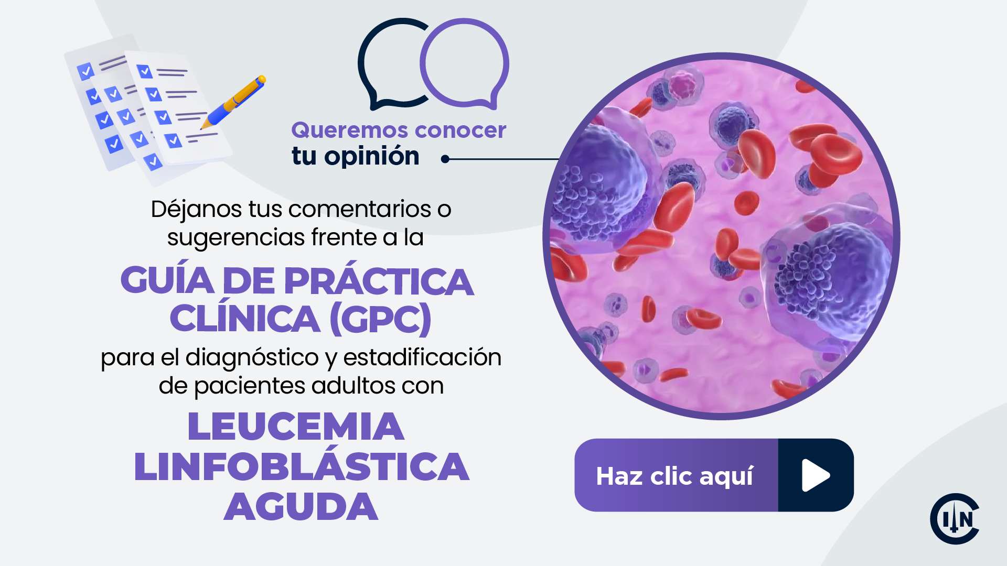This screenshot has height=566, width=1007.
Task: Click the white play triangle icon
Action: coord(815,475)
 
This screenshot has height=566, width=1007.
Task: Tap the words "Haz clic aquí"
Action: coord(674,476)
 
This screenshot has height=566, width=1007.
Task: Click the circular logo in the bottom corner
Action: coord(954,519)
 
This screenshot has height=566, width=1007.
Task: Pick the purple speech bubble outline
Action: coord(465,63)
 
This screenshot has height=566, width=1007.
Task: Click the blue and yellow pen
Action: coord(235,101)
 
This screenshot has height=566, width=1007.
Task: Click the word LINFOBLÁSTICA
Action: coord(302,466)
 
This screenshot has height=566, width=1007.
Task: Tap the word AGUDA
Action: coord(301,507)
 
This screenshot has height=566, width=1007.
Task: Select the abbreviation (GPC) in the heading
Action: coord(381,319)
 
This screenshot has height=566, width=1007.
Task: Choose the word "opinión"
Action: coord(371,156)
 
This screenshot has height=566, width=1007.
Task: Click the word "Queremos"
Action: coord(342,130)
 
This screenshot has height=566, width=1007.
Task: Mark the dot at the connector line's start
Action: coord(445,159)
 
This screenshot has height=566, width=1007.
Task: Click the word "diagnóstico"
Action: coord(252,358)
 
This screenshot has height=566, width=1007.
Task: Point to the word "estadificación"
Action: coord(422,357)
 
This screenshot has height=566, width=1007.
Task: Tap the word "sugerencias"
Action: coord(236,238)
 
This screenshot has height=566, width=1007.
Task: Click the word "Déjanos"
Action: coord(196,210)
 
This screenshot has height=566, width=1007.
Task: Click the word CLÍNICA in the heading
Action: coord(245,319)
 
